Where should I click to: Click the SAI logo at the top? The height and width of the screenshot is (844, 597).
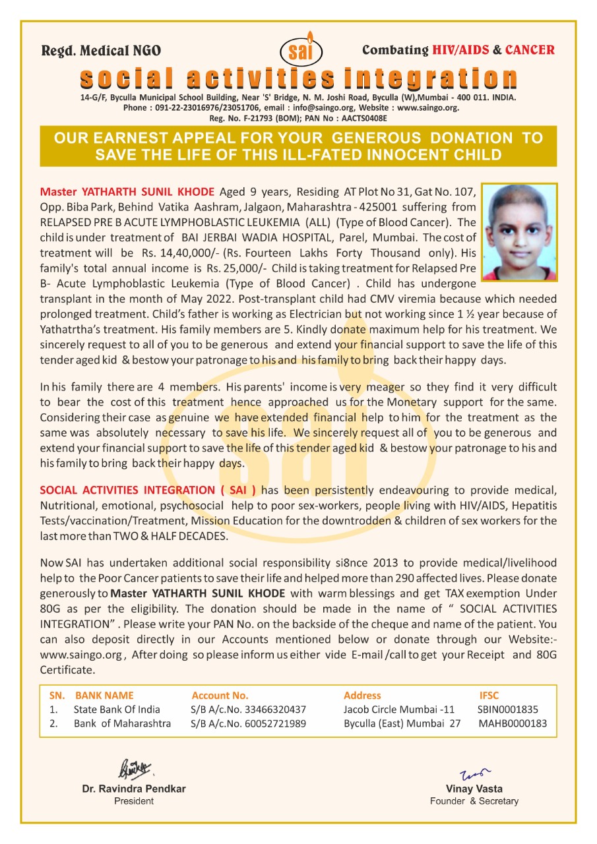(301, 51)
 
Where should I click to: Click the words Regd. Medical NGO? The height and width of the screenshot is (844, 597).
(101, 51)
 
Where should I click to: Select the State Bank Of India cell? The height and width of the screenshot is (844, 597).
(117, 709)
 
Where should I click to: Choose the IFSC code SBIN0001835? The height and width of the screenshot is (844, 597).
(508, 709)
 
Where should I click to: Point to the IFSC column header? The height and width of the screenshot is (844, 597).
(489, 695)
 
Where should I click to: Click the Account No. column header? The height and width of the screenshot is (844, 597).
(220, 695)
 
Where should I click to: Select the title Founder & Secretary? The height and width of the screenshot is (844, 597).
(474, 801)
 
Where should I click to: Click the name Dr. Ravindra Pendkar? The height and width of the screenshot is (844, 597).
(134, 789)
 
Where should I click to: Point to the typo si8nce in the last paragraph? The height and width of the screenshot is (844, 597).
(349, 562)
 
